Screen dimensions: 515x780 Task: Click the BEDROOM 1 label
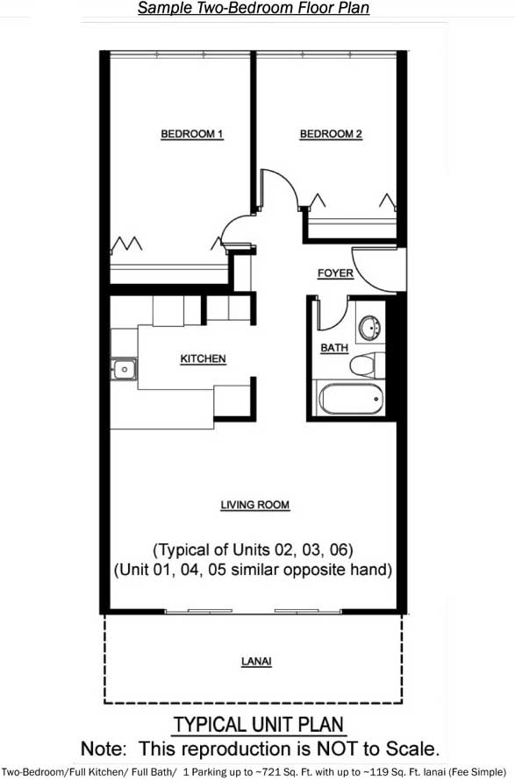pos(192,134)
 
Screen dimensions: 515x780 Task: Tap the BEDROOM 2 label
pos(331,134)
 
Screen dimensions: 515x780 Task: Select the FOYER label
pos(335,273)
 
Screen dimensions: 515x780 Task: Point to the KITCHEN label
pos(203,358)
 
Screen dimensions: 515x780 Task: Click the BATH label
pos(334,348)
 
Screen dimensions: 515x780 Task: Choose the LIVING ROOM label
pos(255,505)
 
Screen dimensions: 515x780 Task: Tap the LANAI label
pos(256,661)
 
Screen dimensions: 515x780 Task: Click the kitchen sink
pos(124,370)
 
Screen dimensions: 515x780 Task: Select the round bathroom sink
pos(370,328)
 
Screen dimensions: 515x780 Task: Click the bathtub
pos(352,399)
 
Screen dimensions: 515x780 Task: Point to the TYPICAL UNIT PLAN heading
pos(258,724)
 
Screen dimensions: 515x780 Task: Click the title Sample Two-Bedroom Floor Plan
pos(254,8)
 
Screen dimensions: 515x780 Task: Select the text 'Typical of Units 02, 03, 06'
pos(254,550)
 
